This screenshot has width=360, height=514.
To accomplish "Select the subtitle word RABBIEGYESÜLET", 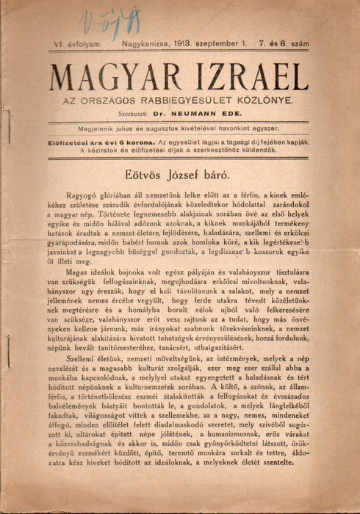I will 192,98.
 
